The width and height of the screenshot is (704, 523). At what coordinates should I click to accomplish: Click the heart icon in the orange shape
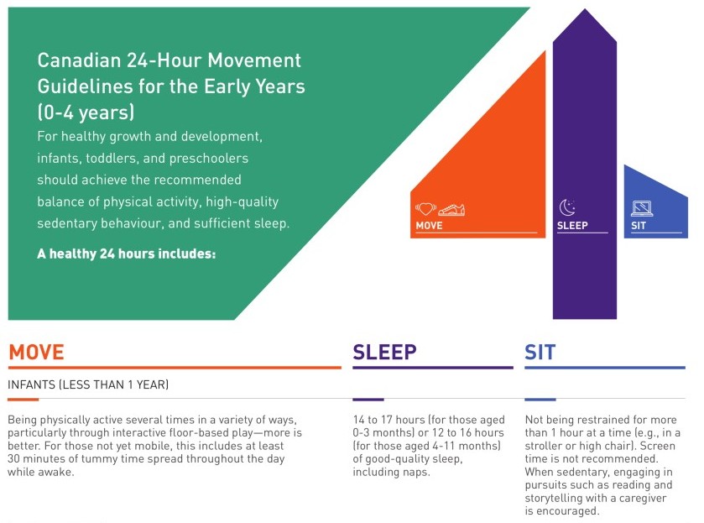[x=425, y=209]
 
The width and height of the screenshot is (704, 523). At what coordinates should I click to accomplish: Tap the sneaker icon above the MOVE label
[x=451, y=210]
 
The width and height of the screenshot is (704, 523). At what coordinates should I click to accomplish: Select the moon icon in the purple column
[x=567, y=207]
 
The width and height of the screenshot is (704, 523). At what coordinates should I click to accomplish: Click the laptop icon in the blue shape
[x=642, y=208]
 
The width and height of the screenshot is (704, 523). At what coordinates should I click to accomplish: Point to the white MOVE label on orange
[x=429, y=226]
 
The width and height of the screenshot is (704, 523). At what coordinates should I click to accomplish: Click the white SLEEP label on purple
[x=572, y=226]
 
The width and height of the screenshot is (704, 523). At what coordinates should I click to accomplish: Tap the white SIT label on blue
[x=638, y=226]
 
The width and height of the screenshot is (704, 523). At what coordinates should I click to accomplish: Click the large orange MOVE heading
[x=36, y=353]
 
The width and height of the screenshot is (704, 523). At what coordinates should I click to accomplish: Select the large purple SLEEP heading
[x=384, y=353]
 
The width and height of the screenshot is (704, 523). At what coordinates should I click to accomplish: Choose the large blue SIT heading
[x=540, y=353]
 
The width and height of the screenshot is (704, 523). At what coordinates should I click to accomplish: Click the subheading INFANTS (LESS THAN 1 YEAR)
[x=88, y=384]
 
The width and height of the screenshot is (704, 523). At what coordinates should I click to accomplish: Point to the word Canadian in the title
[x=79, y=60]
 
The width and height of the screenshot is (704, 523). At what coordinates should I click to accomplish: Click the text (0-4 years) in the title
[x=86, y=112]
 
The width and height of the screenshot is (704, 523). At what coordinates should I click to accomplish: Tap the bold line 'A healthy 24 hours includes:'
[x=126, y=254]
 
